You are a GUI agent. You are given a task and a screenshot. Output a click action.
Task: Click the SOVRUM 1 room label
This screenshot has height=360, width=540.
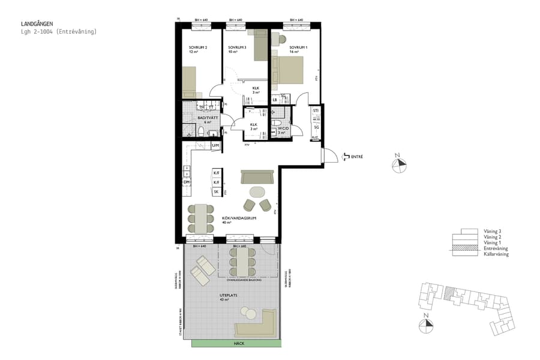pos(298,47)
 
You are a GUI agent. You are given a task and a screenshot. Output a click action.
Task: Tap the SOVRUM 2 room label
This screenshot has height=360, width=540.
pos(197,47)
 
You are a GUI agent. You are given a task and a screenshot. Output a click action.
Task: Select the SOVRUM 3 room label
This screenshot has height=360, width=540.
pos(237,47)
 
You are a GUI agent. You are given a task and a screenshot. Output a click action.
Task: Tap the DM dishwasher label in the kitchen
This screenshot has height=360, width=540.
pos(187,182)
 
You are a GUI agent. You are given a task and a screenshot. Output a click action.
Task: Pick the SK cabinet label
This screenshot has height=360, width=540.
pos(216,191)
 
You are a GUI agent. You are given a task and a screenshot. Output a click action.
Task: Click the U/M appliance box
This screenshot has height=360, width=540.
pos(216,146)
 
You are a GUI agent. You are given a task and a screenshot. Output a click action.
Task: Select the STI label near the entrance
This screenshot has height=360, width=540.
pos(316,112)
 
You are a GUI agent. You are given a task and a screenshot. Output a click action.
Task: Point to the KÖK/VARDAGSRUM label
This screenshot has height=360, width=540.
pos(239,218)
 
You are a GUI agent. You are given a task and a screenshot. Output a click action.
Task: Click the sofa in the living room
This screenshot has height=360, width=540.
pos(257,176)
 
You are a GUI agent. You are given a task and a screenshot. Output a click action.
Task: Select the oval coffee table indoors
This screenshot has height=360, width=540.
pos(257,191)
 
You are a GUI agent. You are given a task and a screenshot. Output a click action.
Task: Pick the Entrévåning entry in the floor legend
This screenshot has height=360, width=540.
pos(496,248)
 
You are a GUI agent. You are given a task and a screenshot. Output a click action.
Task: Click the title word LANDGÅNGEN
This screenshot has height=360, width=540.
pos(37,24)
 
